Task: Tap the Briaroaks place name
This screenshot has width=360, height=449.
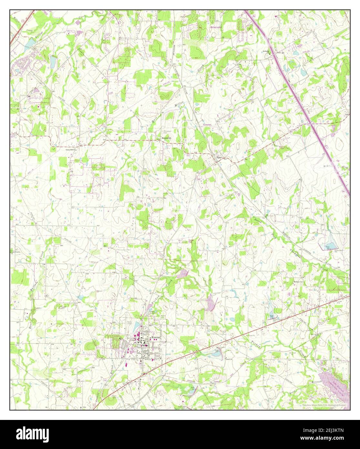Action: pyautogui.click(x=214, y=28)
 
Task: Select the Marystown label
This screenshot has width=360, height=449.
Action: pyautogui.click(x=166, y=139)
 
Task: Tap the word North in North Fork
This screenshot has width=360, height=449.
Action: pyautogui.click(x=257, y=221)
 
